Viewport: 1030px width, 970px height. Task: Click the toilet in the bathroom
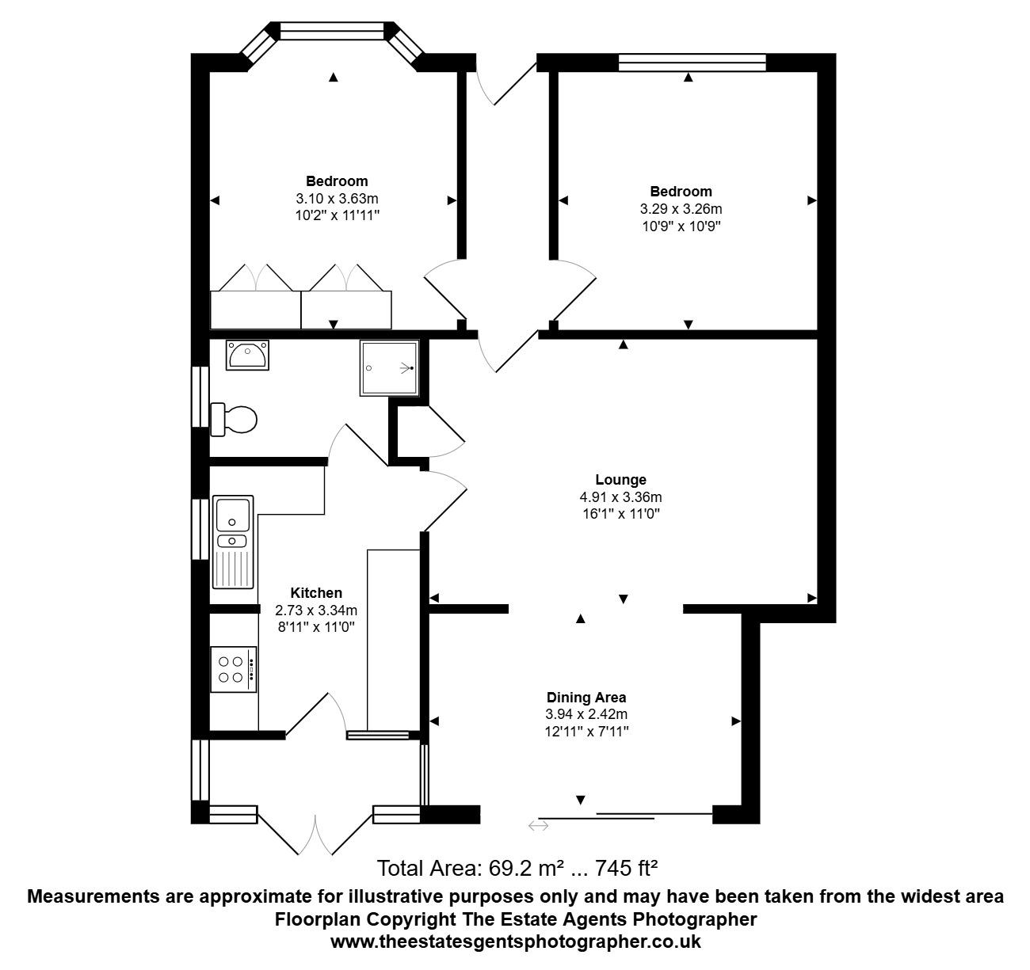pos(234,420)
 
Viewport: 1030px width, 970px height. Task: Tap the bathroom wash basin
pos(247,355)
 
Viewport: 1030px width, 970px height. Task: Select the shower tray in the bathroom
pos(389,368)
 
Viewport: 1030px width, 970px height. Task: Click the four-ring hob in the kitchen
pos(234,669)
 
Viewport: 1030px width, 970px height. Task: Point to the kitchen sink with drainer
pos(233,542)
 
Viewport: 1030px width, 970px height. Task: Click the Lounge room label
pos(621,480)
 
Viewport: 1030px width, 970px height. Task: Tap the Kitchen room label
pos(316,592)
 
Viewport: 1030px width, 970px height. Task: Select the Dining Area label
pos(586,698)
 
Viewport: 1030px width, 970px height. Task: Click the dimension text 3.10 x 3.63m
pos(337,199)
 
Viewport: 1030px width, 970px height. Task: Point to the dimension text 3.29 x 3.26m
pos(681,209)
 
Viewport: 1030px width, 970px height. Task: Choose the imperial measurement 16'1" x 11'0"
pos(621,514)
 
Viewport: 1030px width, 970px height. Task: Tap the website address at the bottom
pos(516,941)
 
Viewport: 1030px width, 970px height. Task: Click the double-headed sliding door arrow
pos(538,825)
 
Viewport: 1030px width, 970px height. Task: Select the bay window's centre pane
pos(333,31)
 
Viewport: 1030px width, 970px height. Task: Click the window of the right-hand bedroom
pos(692,63)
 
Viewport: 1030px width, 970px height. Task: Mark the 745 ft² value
pos(627,869)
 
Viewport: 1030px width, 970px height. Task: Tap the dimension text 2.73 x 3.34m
pos(316,611)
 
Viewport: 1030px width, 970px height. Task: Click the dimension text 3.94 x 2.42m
pos(586,714)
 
